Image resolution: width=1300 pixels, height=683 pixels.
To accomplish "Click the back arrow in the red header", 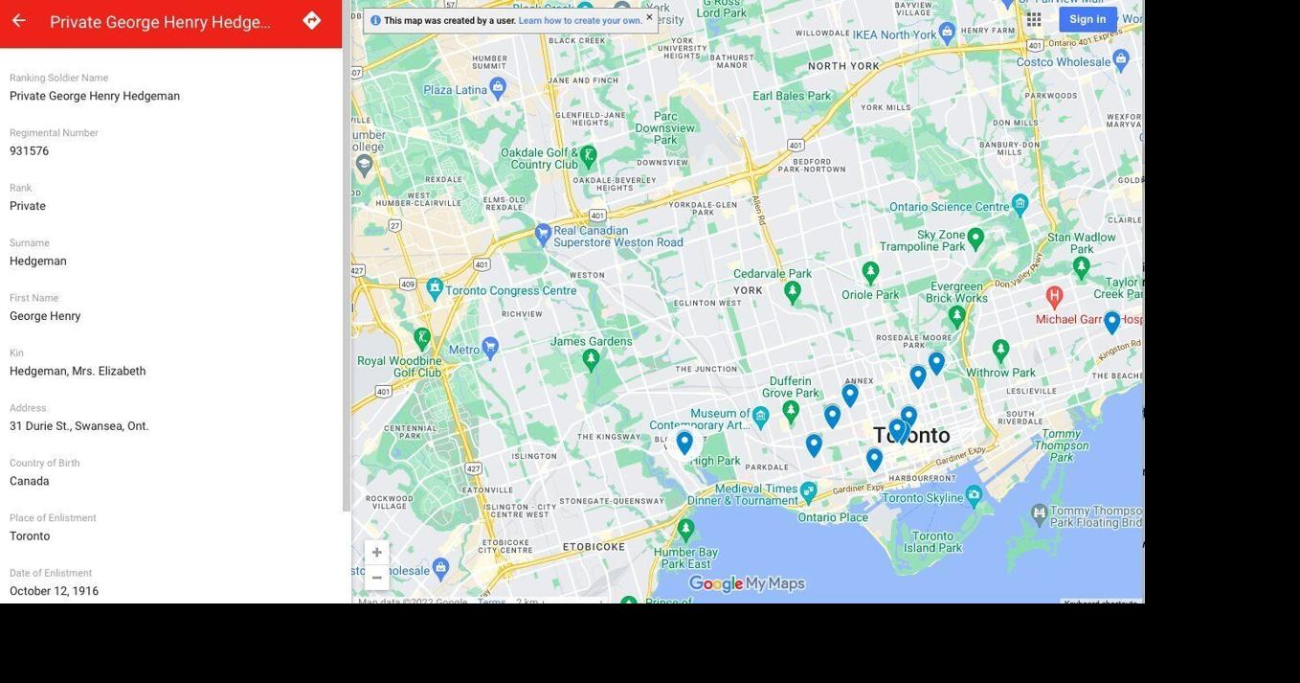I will (x=18, y=21).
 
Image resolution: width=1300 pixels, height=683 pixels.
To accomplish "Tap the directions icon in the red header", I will (x=312, y=21).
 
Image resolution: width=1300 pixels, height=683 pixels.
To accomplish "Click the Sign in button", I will (x=1087, y=19).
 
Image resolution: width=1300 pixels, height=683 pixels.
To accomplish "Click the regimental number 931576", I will (x=30, y=151).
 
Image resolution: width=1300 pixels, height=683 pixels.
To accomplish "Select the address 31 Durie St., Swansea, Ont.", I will (x=79, y=426).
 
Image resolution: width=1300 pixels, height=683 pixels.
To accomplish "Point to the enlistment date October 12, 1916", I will (x=55, y=591).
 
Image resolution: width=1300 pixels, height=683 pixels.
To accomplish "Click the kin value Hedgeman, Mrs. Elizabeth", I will (x=78, y=372).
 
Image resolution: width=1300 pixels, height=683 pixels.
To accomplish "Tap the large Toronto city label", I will (x=911, y=436).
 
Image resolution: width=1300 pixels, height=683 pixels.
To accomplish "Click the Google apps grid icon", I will (x=1034, y=19).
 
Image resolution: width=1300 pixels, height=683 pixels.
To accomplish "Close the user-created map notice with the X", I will (x=649, y=17).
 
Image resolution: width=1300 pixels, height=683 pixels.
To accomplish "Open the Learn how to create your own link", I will (x=580, y=21).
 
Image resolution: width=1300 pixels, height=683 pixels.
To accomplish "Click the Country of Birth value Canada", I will (x=30, y=482).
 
